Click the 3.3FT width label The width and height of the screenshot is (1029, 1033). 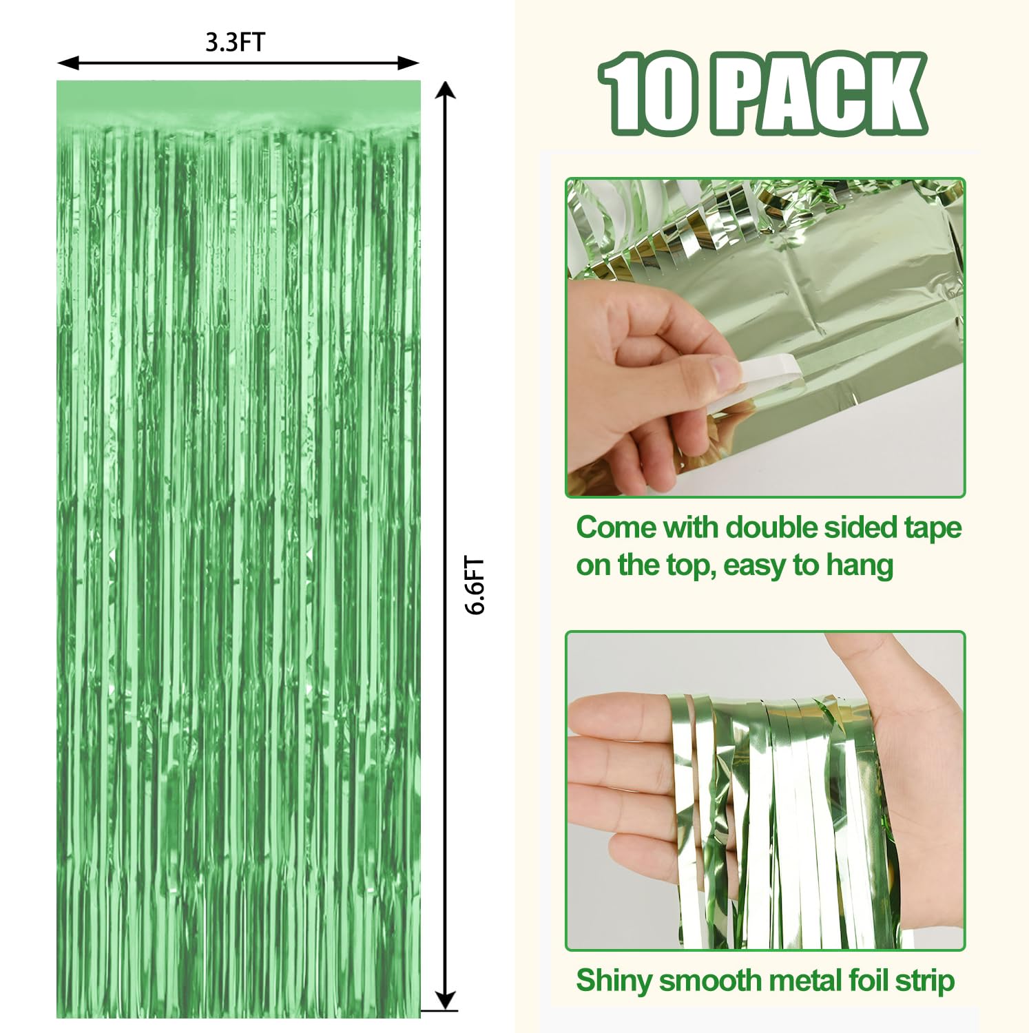pos(235,42)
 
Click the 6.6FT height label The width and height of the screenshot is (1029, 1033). pos(475,585)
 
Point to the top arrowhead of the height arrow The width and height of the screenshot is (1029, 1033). pos(446,90)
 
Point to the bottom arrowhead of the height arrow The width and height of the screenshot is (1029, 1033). pos(446,1001)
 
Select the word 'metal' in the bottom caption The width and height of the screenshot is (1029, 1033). pos(791,981)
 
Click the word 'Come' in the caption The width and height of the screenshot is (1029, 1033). pos(616,528)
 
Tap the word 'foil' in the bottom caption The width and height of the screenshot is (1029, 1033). pos(867,981)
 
